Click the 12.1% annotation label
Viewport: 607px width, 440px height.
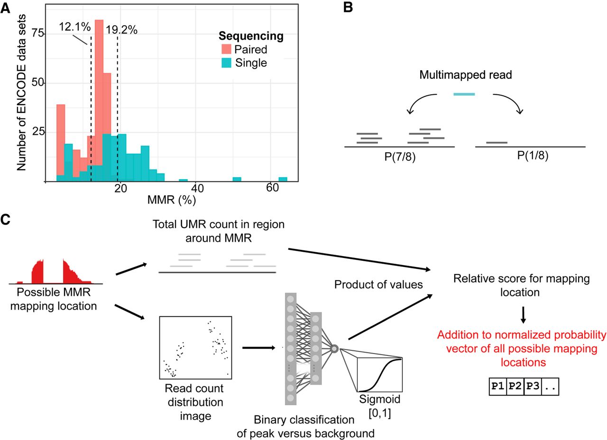(75, 27)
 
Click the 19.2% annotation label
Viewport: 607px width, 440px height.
(121, 30)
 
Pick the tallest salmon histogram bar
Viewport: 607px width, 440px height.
(99, 95)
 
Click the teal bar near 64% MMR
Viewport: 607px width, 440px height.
(283, 179)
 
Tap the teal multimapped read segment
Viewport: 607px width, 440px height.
(464, 94)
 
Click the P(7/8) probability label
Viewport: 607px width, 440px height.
(400, 156)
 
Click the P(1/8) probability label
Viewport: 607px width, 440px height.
(531, 156)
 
